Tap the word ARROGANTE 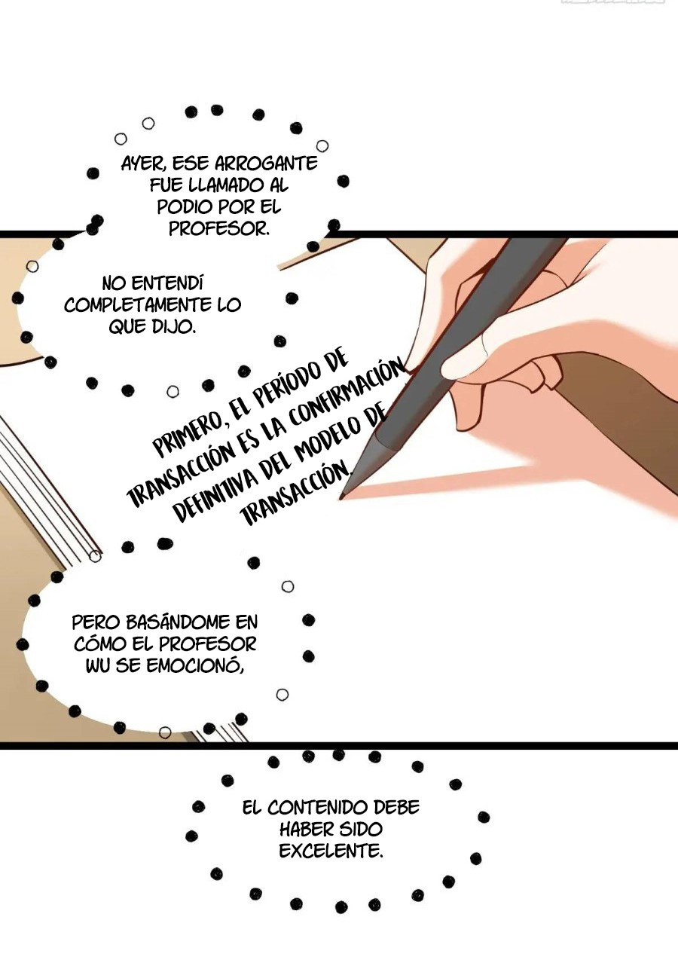click(x=266, y=164)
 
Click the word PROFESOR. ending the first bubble click(x=219, y=228)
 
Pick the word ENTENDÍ click(x=167, y=284)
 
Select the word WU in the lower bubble click(x=98, y=666)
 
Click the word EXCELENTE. click(x=331, y=851)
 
